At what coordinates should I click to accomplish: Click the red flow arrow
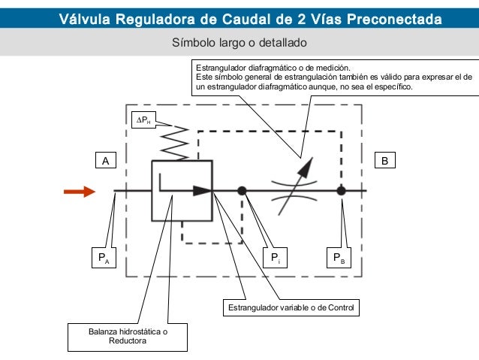(x=80, y=192)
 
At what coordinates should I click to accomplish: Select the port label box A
(x=106, y=160)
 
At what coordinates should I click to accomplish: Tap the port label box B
(x=385, y=160)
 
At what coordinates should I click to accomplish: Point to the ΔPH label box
(x=143, y=119)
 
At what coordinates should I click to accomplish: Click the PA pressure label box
(x=104, y=258)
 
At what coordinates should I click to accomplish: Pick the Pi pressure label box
(x=276, y=258)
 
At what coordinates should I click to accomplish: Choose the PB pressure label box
(x=339, y=258)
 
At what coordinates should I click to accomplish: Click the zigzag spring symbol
(x=175, y=143)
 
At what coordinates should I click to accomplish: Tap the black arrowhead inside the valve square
(x=203, y=191)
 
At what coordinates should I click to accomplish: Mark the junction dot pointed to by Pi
(x=242, y=191)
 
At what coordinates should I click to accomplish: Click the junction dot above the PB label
(x=341, y=191)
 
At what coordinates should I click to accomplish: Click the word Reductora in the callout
(x=128, y=340)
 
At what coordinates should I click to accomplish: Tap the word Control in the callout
(x=341, y=307)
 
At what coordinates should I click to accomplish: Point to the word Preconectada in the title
(x=394, y=19)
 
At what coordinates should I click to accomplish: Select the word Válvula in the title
(x=85, y=19)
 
